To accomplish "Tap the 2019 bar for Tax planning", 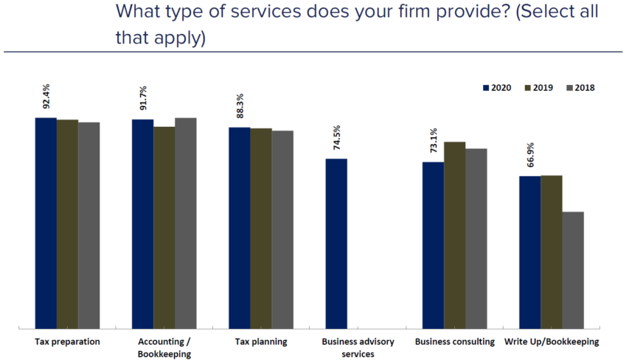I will tap(261, 228).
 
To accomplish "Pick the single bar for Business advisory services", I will tap(336, 243).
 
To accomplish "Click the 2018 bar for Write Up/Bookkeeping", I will tap(573, 270).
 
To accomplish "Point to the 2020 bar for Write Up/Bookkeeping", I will tap(529, 252).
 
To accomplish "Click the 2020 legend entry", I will tap(499, 88).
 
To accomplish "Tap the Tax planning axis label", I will tap(261, 342).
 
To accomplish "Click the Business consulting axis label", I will tap(454, 342).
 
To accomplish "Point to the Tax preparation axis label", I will tap(67, 342).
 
